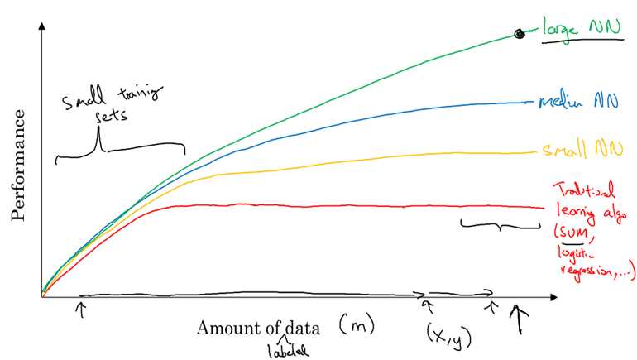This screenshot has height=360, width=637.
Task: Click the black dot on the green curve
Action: pyautogui.click(x=519, y=34)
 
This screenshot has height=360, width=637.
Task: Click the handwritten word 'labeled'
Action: pyautogui.click(x=287, y=350)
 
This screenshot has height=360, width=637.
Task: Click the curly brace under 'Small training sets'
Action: pyautogui.click(x=120, y=150)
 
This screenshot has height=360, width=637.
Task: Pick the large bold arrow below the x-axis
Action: pyautogui.click(x=519, y=319)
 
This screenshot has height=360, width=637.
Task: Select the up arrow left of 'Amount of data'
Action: pyautogui.click(x=80, y=309)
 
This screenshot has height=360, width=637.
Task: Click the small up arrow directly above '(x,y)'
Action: pyautogui.click(x=428, y=307)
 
